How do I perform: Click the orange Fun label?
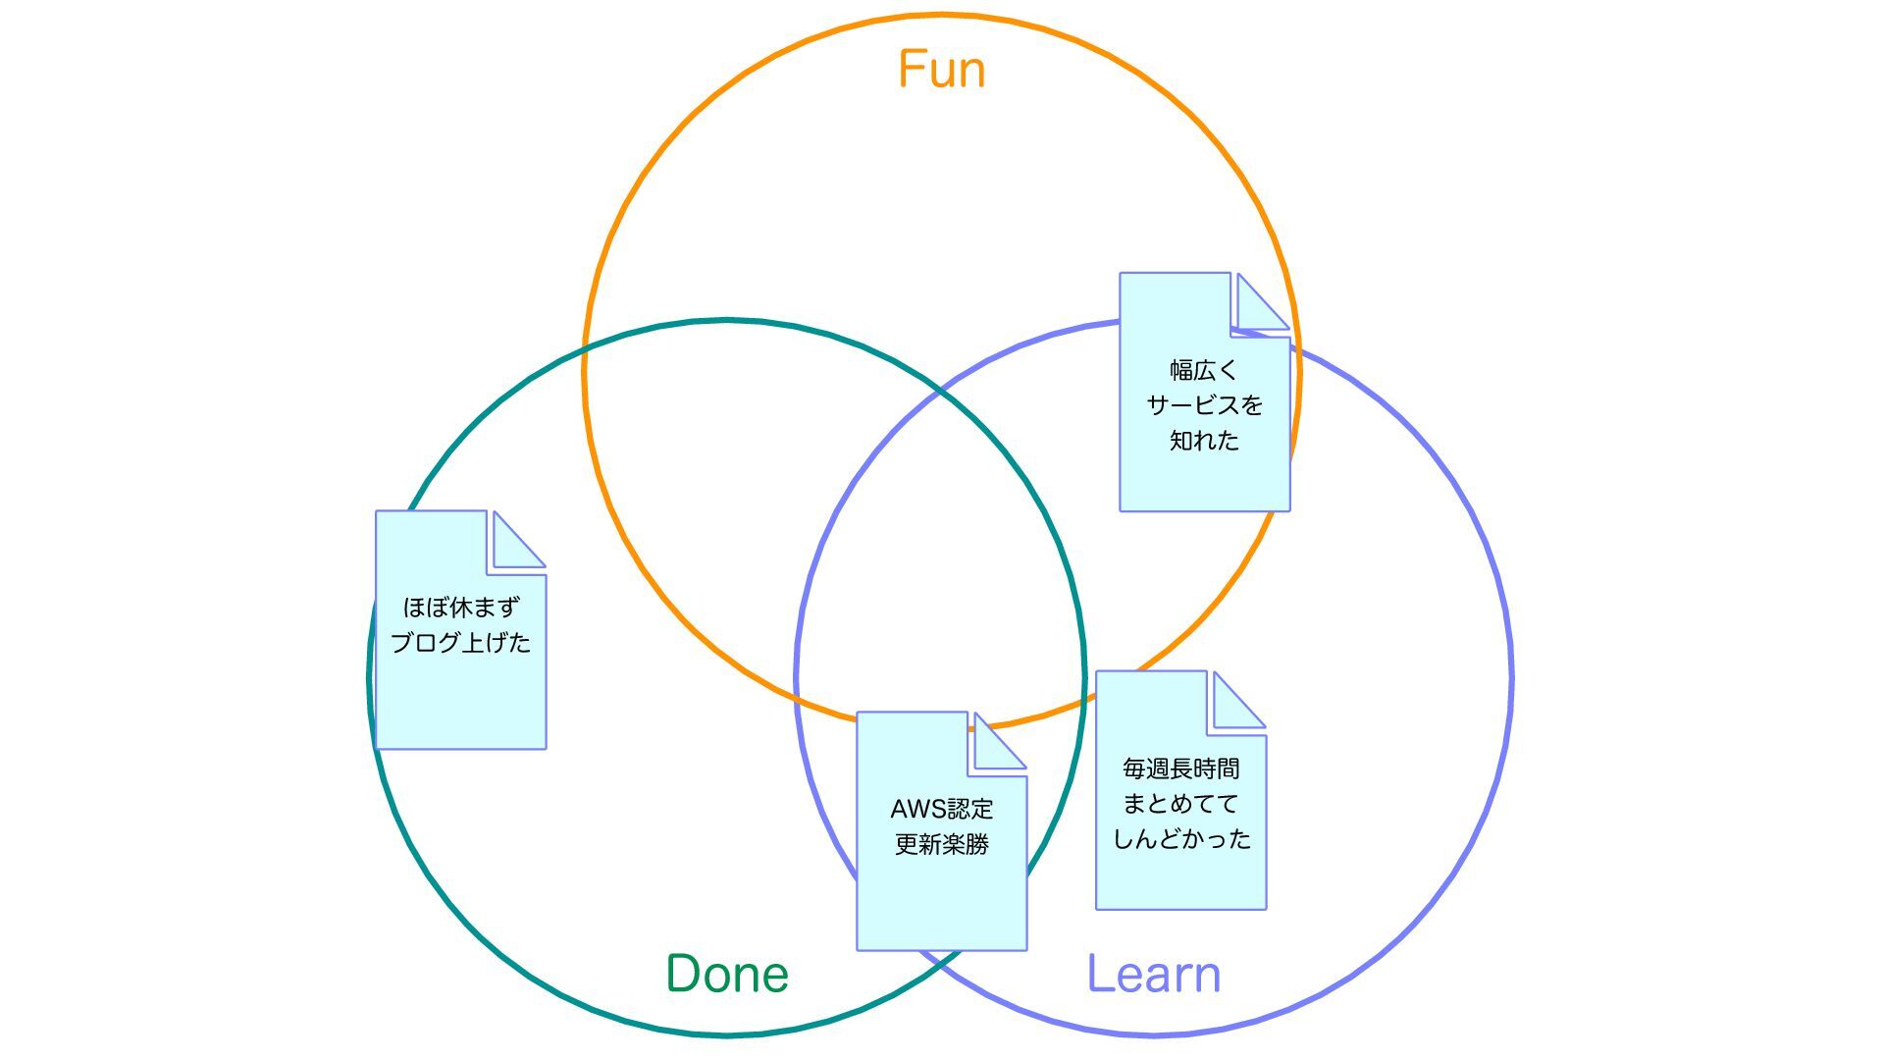click(x=941, y=70)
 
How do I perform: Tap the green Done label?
click(x=727, y=974)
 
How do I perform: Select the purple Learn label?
click(x=1154, y=974)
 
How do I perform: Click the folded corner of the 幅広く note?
click(x=1261, y=303)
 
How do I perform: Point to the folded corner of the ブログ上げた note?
click(x=517, y=541)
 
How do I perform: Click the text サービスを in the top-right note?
click(x=1204, y=405)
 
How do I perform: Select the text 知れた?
click(x=1204, y=441)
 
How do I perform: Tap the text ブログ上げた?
click(x=460, y=643)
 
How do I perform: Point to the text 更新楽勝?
click(x=941, y=844)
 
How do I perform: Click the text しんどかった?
click(x=1181, y=839)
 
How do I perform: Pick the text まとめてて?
click(x=1180, y=804)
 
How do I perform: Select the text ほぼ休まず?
click(x=460, y=608)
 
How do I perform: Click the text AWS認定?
click(x=941, y=809)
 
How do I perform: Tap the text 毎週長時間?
click(x=1180, y=768)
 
